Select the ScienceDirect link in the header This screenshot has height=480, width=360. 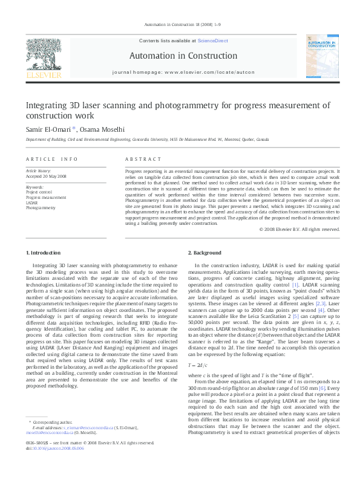(x=212, y=41)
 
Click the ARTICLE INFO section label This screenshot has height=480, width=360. (x=52, y=159)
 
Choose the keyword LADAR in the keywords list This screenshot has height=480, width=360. (x=31, y=203)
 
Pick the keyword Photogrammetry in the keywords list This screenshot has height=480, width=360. (x=41, y=207)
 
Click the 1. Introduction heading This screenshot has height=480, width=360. (x=43, y=252)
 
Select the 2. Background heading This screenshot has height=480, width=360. (x=205, y=252)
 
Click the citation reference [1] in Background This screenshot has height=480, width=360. (x=295, y=284)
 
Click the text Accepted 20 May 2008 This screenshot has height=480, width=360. (x=46, y=177)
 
